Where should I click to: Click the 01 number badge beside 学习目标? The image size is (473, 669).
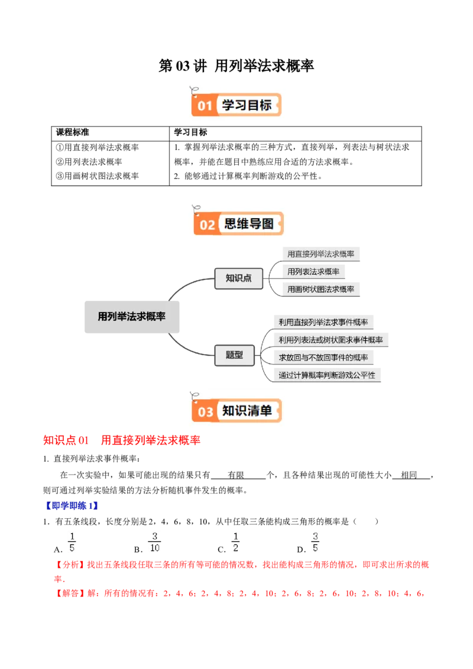point(205,106)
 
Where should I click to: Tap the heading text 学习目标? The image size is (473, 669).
point(247,105)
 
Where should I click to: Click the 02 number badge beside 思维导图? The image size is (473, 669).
point(207,225)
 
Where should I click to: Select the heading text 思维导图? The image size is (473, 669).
point(249,224)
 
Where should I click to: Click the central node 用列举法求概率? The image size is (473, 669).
point(132,316)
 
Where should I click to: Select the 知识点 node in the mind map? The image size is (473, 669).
point(238,278)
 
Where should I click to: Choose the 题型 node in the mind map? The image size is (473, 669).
point(234,355)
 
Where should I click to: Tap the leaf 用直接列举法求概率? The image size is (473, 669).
point(321,254)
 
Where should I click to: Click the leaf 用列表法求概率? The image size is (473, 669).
point(313,271)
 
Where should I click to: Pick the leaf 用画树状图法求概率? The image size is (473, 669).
point(321,289)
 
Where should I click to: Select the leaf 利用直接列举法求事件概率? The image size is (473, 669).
point(323,322)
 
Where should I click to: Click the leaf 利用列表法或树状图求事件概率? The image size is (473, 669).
point(331,340)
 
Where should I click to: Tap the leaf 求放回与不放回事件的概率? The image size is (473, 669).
point(323,358)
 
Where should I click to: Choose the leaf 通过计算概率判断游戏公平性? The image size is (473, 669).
point(327,375)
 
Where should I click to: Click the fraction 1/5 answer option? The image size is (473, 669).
point(73,542)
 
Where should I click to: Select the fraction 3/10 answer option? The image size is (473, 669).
point(155,542)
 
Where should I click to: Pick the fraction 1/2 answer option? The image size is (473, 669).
point(235,542)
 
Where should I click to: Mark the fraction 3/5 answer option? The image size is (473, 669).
point(315,542)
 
